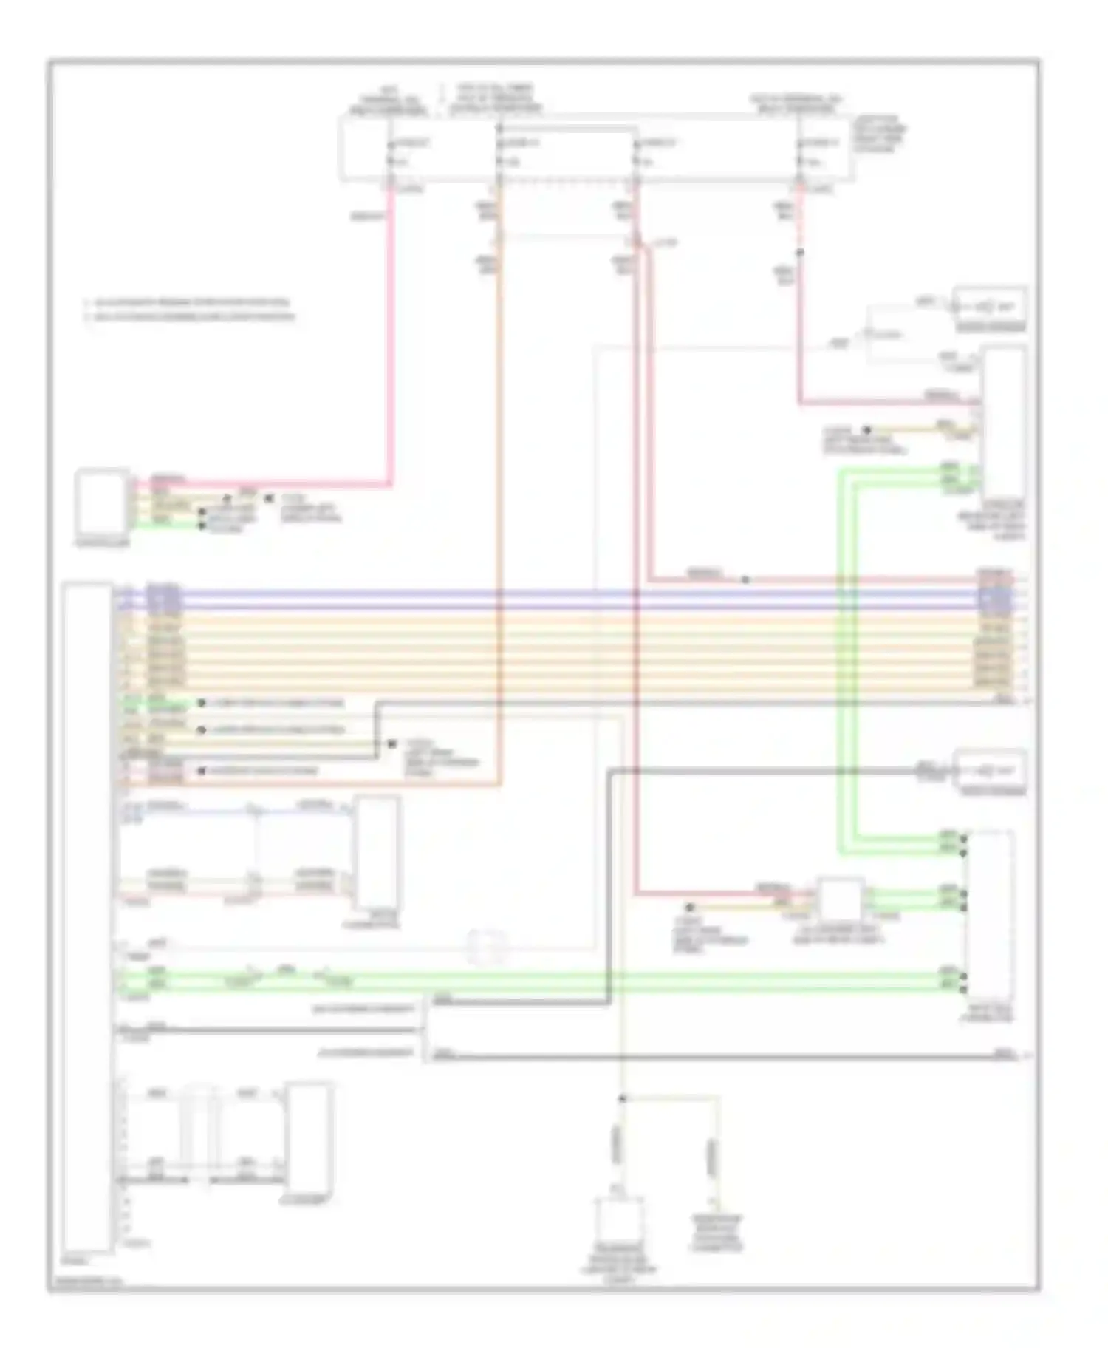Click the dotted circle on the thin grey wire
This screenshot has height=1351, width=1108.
pyautogui.click(x=488, y=947)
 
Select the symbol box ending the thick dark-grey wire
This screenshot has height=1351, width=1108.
pyautogui.click(x=990, y=771)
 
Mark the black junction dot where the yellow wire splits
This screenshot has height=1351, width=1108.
pyautogui.click(x=622, y=1098)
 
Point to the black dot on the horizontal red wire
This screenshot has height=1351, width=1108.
pyautogui.click(x=745, y=579)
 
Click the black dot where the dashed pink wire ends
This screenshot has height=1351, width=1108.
pyautogui.click(x=799, y=253)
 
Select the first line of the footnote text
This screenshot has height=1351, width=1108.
pyautogui.click(x=188, y=302)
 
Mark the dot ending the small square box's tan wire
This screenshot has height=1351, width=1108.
pyautogui.click(x=690, y=906)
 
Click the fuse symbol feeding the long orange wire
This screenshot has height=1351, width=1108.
pyautogui.click(x=499, y=152)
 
